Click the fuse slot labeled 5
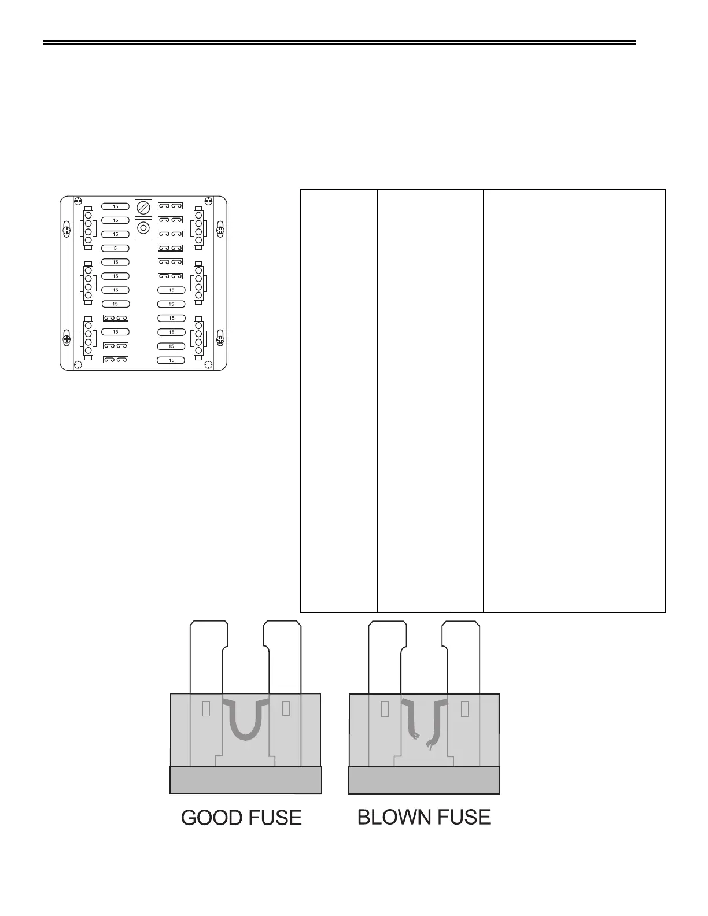[115, 248]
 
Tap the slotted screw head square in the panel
[142, 207]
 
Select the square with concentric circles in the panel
[142, 228]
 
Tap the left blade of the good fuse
[207, 656]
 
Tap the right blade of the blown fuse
[460, 656]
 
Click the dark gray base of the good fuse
[245, 780]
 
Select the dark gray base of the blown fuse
[424, 780]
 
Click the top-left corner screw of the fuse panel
[78, 202]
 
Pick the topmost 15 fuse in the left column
[115, 206]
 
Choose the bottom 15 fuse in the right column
[171, 360]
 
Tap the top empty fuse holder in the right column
[171, 206]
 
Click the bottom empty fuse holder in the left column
[115, 360]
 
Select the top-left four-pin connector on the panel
[88, 227]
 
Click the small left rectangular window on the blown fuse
[385, 709]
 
